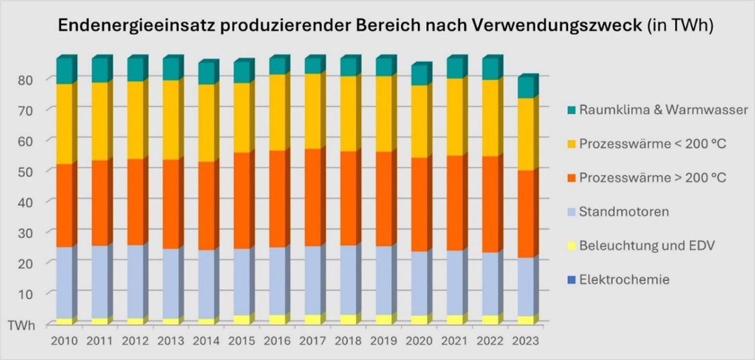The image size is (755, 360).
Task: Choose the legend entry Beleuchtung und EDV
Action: (x=648, y=245)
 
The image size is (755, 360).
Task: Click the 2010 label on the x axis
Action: (x=64, y=341)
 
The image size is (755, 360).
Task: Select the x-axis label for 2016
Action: (x=277, y=341)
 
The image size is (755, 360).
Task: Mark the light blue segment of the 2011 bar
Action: (x=99, y=282)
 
